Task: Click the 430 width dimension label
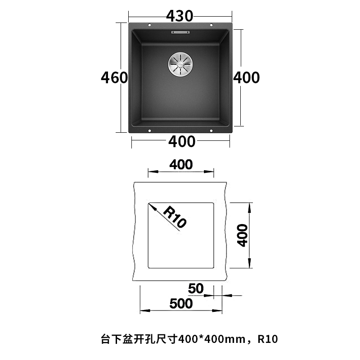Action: click(180, 16)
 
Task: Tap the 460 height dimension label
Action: click(114, 78)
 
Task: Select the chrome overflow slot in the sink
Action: click(180, 32)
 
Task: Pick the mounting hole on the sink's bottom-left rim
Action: click(149, 131)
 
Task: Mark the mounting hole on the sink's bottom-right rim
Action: click(211, 131)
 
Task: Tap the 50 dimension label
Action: click(196, 288)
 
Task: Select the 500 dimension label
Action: click(181, 304)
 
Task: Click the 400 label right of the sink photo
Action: click(246, 78)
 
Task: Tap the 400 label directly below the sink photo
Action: click(182, 142)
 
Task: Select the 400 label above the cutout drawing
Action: click(181, 165)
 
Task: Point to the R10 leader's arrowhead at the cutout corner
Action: click(151, 205)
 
